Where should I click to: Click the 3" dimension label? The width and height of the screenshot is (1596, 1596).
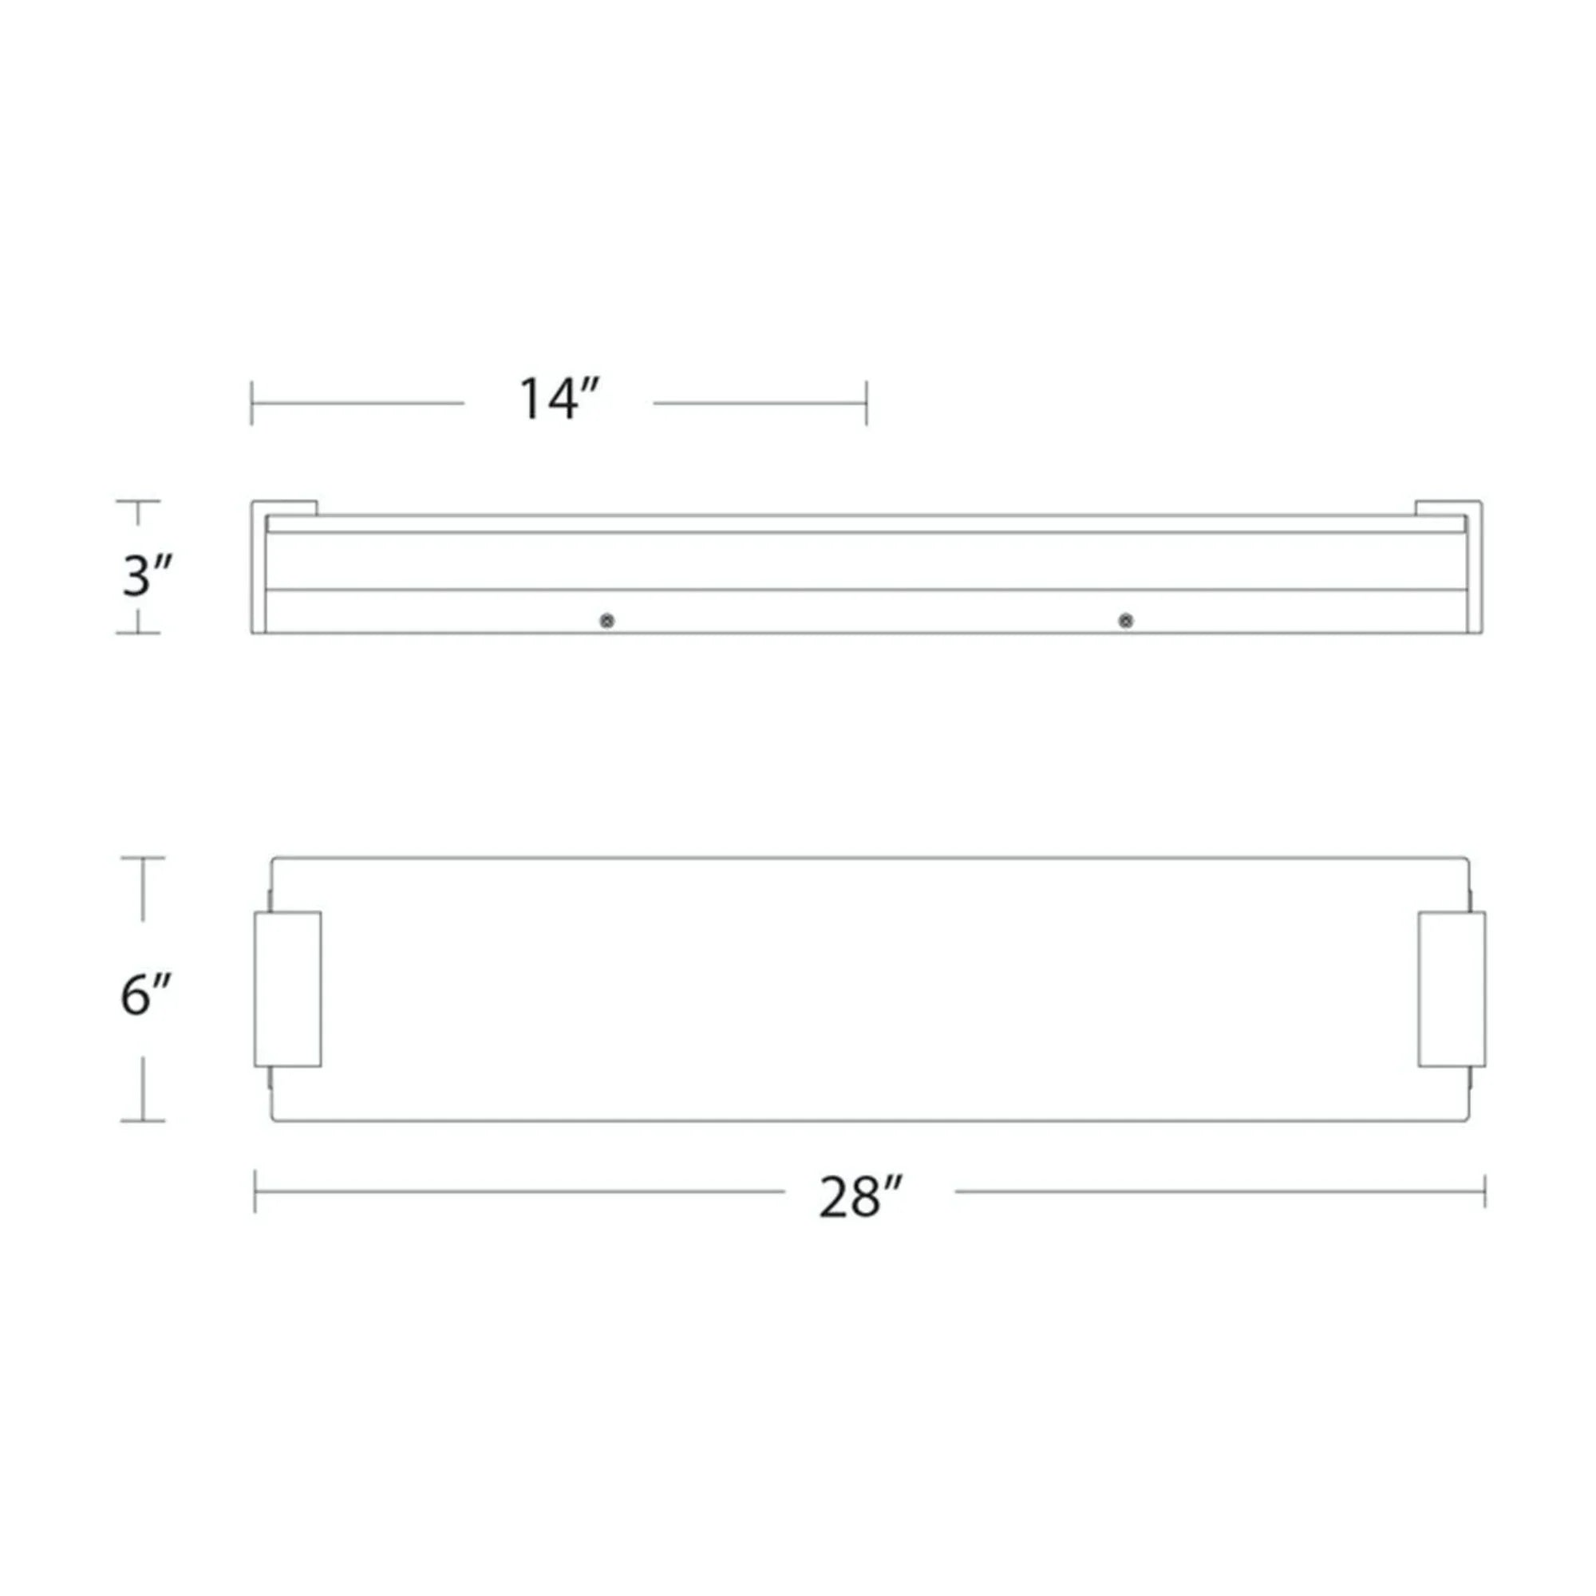(147, 576)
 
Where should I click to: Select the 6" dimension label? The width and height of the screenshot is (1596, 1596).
(145, 995)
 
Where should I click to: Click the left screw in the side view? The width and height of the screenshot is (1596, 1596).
(607, 620)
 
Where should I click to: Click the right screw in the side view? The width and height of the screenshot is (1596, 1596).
(1125, 620)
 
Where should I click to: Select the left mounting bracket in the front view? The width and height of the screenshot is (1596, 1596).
(287, 989)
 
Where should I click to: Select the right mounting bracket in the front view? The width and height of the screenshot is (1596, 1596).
(1452, 989)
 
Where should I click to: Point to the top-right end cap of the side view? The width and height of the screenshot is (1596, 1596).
(1448, 508)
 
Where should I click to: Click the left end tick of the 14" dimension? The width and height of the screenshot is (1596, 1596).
(252, 403)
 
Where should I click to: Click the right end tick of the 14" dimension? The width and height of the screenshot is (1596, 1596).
(867, 403)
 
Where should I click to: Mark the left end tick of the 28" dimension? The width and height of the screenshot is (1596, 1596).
(255, 1191)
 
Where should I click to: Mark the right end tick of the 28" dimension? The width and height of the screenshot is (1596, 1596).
(1484, 1191)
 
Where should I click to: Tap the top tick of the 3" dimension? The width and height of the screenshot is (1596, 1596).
(137, 501)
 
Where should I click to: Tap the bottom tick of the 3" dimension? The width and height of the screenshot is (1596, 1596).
(137, 633)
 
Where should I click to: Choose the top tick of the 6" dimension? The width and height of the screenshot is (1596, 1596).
(143, 859)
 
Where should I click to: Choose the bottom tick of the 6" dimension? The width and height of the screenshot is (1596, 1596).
(143, 1121)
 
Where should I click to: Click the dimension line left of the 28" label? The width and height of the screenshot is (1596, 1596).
(520, 1191)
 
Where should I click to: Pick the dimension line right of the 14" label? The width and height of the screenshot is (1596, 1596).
(760, 403)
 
